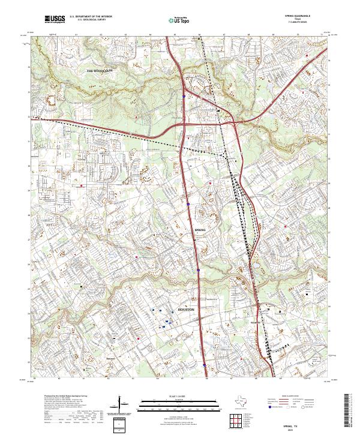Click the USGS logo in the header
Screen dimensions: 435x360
point(55,20)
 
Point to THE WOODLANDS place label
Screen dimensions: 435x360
point(100,71)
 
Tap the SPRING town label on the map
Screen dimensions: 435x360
point(200,230)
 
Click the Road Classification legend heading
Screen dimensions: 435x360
point(290,397)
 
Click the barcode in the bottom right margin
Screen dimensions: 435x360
point(349,409)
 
